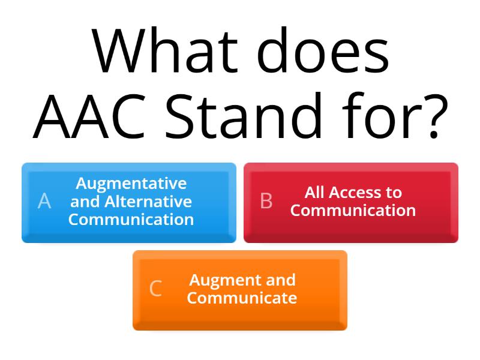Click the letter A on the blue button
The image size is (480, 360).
(44, 202)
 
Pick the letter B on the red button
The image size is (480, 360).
(266, 202)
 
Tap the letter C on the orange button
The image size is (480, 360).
(155, 289)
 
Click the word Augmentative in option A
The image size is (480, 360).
(131, 183)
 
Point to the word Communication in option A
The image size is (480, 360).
(131, 219)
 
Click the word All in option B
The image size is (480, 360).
(314, 193)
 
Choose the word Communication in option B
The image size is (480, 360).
(353, 211)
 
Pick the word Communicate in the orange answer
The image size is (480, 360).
(242, 298)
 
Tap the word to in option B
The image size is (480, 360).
(394, 193)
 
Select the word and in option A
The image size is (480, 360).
(83, 201)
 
